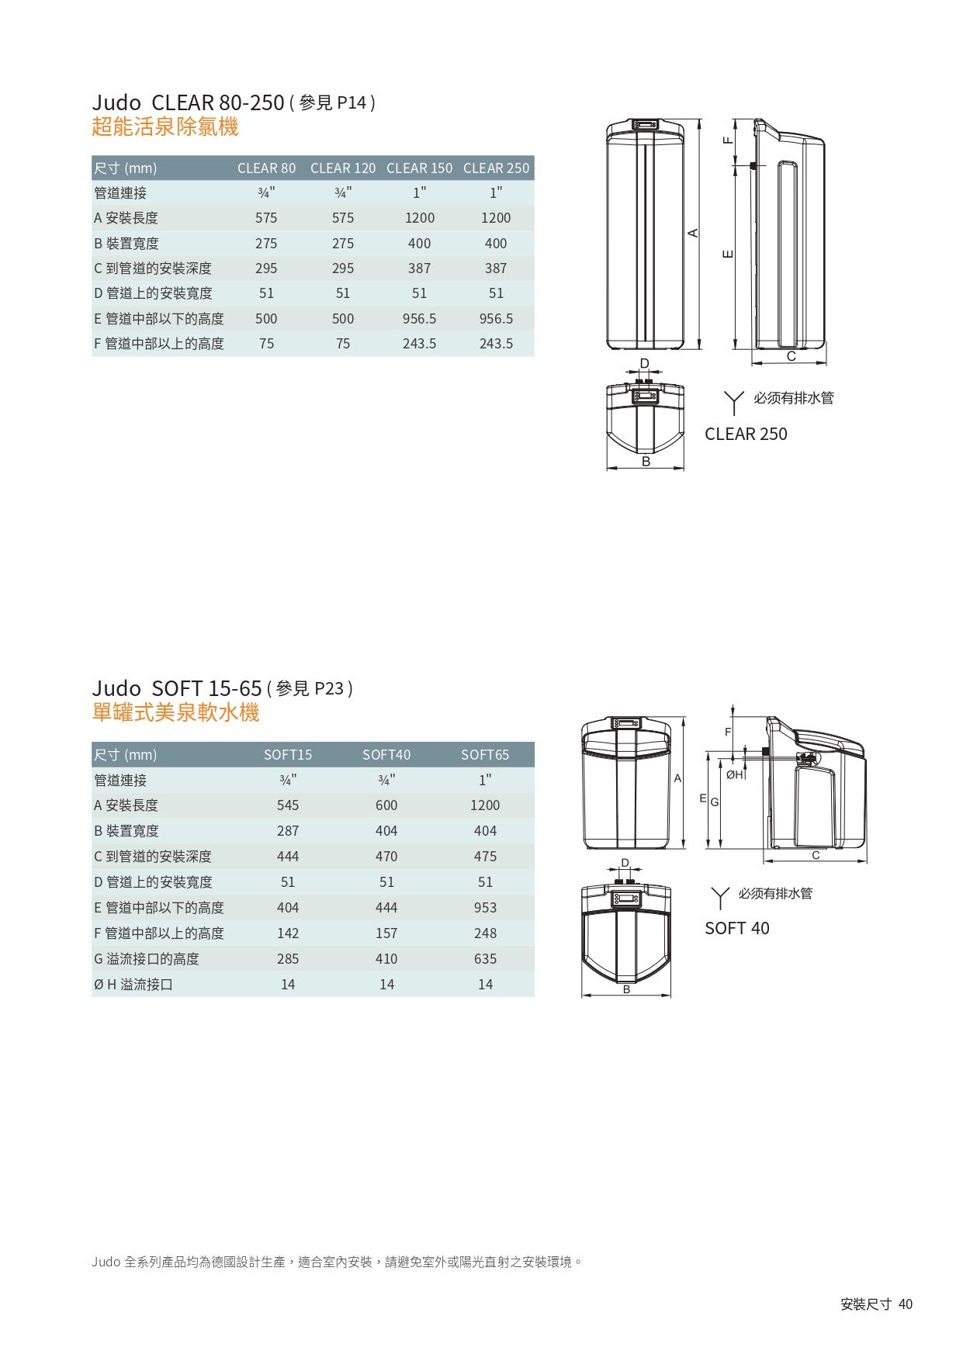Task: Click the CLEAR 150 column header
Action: coord(419,168)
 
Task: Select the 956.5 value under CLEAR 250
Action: coord(496,319)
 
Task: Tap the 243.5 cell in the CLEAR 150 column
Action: coord(419,344)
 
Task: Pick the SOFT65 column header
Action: coord(485,755)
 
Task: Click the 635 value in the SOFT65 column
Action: coord(485,959)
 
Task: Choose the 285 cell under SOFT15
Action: coord(288,959)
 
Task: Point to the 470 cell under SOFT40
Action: coord(386,857)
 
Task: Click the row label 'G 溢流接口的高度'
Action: coord(147,959)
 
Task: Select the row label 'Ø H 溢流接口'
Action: coord(133,985)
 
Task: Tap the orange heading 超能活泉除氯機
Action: coord(165,126)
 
